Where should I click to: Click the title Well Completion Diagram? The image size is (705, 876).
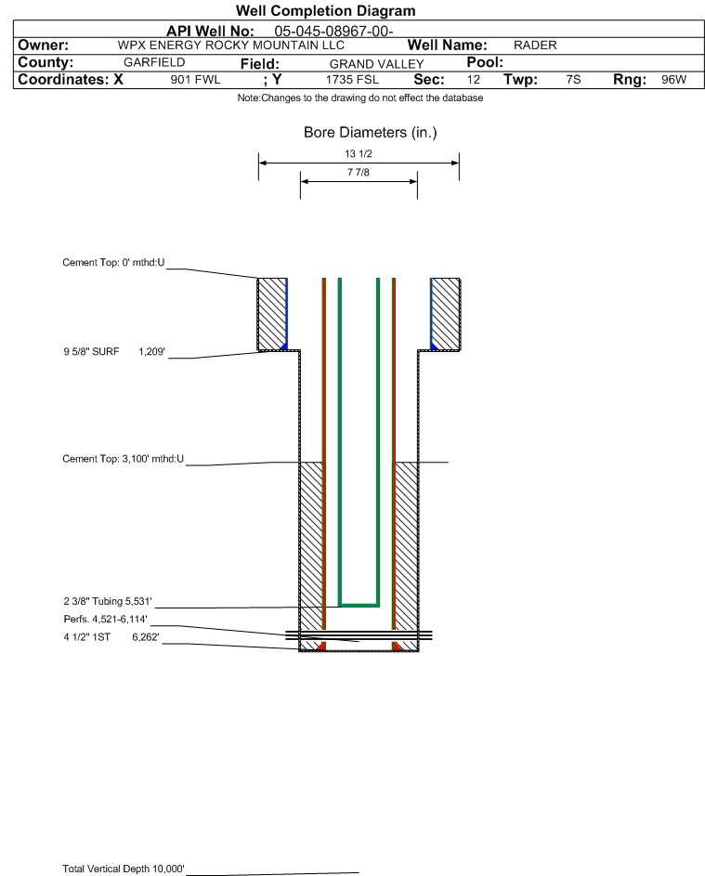coord(326,10)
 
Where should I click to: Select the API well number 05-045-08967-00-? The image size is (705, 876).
coord(333,32)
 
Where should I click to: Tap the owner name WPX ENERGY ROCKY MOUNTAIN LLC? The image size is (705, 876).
coord(230,46)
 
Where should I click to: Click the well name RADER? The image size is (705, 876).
coord(535,46)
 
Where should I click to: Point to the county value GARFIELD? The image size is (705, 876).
coord(154,62)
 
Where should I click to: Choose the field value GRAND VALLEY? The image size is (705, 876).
coord(376,64)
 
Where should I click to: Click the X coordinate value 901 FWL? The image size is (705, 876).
coord(195,79)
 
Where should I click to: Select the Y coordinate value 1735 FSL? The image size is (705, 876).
coord(353,79)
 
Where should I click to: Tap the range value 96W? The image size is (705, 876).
coord(673,79)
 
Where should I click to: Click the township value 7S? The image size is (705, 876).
coord(573,79)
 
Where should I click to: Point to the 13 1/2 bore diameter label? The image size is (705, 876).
coord(359,153)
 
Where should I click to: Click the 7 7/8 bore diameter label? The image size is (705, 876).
coord(359,172)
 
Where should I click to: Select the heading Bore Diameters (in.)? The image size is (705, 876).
coord(371,133)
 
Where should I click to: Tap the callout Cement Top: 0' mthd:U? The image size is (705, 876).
coord(113,263)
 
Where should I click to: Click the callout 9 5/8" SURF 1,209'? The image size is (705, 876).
coord(114,351)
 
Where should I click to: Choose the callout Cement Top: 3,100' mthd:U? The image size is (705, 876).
coord(123,459)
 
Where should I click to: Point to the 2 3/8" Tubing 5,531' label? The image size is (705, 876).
coord(107,601)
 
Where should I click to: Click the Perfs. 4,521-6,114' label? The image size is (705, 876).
coord(106,619)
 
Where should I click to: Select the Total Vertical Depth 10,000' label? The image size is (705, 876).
coord(123,869)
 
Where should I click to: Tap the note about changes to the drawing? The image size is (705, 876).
coord(359,98)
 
